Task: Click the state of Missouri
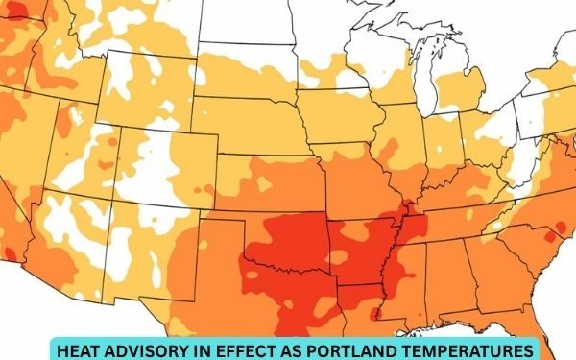[x=361, y=182]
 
